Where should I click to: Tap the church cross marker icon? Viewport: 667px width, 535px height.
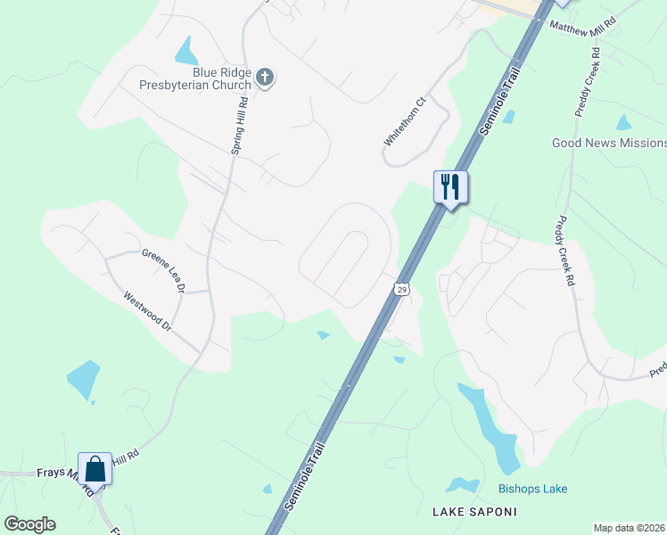(x=264, y=78)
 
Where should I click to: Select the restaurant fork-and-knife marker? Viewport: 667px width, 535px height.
(x=450, y=187)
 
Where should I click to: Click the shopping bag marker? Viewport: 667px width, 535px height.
(x=95, y=468)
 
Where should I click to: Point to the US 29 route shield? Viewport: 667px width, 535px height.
(x=401, y=290)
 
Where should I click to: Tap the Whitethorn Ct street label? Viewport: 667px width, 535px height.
(x=406, y=122)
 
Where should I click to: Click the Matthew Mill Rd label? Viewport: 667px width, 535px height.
(x=583, y=27)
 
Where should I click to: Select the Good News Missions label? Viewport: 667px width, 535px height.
(x=609, y=143)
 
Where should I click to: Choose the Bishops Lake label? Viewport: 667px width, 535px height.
(x=532, y=489)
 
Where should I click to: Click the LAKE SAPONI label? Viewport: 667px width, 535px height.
(x=473, y=512)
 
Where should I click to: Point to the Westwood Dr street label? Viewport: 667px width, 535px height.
(x=147, y=311)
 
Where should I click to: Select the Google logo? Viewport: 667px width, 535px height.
(x=29, y=524)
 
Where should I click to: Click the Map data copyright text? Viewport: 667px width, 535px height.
(x=630, y=528)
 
